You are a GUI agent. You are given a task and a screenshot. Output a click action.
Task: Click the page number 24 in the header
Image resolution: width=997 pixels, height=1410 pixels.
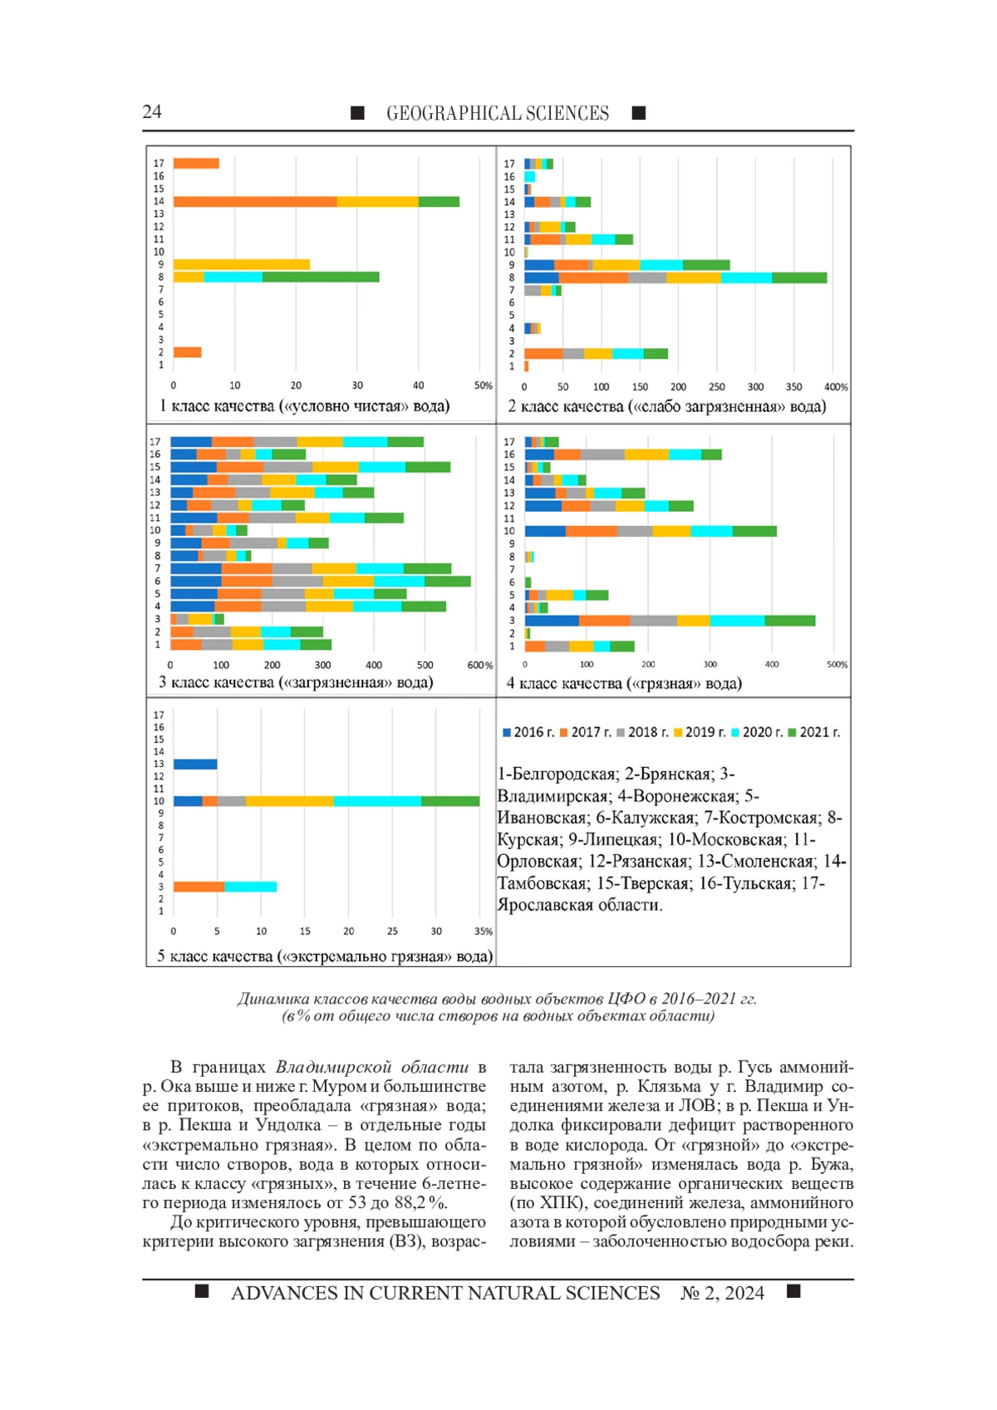[x=152, y=112]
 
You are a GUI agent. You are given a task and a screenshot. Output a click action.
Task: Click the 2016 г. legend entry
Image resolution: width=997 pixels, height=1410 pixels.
[x=528, y=732]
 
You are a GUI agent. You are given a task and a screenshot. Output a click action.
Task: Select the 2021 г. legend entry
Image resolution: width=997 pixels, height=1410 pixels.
[x=814, y=732]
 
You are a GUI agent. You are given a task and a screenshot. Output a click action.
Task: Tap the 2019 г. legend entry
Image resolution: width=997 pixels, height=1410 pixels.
[x=700, y=732]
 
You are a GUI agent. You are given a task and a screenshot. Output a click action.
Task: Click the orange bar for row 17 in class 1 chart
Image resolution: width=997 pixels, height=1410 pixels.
[x=196, y=164]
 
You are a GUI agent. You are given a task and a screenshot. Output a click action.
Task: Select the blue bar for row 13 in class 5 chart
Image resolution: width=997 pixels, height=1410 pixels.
[x=195, y=764]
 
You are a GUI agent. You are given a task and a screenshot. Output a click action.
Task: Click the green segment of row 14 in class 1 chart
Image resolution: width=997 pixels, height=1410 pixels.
[x=439, y=201]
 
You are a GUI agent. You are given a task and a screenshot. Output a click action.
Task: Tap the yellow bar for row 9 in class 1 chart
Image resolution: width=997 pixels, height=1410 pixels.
[x=241, y=264]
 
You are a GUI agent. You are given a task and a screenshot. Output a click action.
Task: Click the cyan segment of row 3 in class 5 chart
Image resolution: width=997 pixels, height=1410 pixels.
[x=250, y=887]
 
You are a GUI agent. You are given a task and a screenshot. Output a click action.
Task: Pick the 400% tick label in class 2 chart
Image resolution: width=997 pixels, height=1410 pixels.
[x=836, y=387]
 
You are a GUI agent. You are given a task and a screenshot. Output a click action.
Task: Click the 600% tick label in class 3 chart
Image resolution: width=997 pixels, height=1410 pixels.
[x=479, y=666]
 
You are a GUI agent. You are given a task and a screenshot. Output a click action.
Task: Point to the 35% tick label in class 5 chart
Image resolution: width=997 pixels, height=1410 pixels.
[x=484, y=931]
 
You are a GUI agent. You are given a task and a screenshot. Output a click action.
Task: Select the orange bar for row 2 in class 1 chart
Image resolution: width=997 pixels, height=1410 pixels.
[x=187, y=352]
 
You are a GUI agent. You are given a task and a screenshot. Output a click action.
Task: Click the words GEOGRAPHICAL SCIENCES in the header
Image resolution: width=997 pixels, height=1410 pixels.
[x=498, y=114]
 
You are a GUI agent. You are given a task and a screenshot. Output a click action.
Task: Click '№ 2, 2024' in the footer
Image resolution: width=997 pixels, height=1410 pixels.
[x=722, y=1293]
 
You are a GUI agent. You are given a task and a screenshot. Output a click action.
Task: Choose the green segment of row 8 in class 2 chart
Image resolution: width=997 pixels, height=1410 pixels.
[x=798, y=278]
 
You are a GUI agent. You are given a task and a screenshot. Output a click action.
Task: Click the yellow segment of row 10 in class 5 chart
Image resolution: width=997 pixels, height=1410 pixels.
[x=289, y=801]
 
